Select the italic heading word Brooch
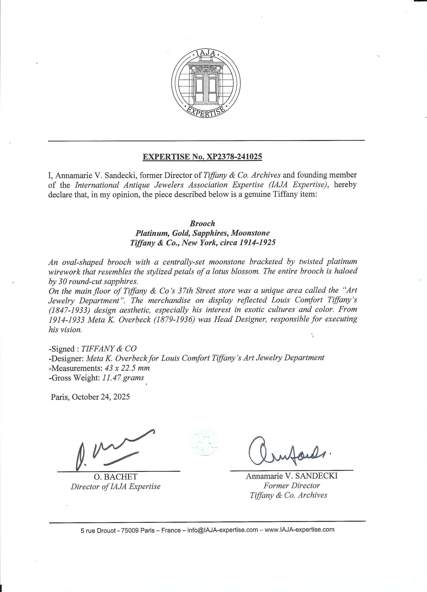202,223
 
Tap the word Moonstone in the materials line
250,233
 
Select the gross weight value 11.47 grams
123,378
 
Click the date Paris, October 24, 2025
90,397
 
